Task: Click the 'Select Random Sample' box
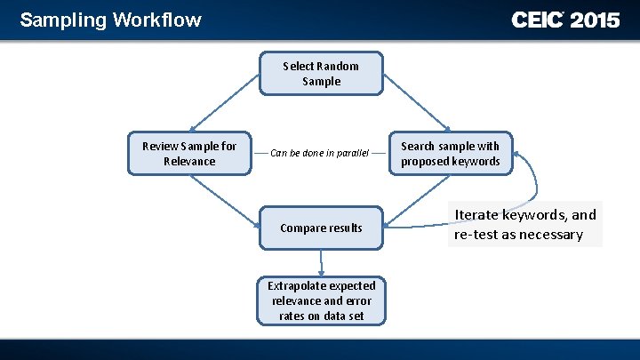[321, 74]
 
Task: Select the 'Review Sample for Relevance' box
[189, 154]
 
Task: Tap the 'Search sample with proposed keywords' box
[450, 154]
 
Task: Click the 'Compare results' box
[321, 228]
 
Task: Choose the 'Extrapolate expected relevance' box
[321, 300]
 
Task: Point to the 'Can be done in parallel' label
[320, 153]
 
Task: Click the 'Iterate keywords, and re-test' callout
[525, 224]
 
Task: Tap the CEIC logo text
[537, 20]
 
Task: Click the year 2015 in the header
[595, 20]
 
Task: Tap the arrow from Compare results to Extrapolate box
[322, 262]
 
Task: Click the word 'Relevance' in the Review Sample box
[189, 162]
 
